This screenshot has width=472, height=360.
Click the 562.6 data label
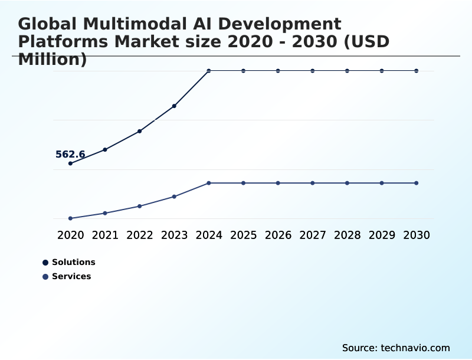tap(70, 155)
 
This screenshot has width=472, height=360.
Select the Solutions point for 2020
tap(70, 163)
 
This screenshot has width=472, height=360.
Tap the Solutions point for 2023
tap(174, 106)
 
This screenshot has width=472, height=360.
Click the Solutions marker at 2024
tap(209, 71)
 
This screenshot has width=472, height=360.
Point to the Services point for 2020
tap(70, 218)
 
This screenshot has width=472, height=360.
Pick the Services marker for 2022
tap(140, 206)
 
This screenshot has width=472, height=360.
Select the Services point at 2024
tap(209, 183)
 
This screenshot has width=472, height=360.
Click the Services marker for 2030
tap(417, 183)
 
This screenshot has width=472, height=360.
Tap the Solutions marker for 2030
tap(417, 71)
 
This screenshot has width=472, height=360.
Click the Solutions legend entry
tap(69, 263)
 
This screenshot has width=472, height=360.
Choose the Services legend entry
tap(67, 277)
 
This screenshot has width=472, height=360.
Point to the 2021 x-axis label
tap(105, 235)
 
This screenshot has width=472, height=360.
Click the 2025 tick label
tap(243, 235)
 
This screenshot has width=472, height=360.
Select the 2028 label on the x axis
tap(347, 235)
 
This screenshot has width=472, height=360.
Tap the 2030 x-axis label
tap(417, 235)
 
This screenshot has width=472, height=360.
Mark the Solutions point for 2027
tap(313, 71)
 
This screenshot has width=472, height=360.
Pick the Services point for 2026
tap(278, 183)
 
